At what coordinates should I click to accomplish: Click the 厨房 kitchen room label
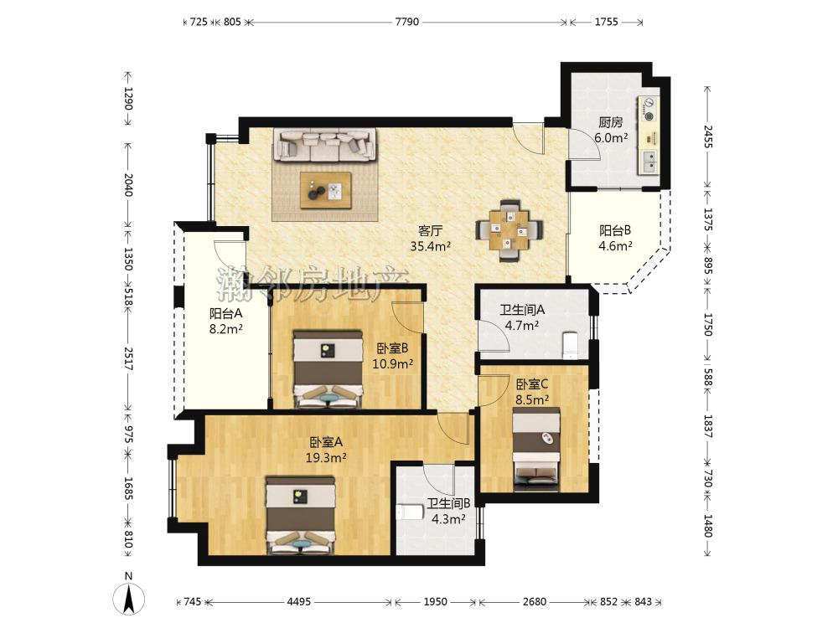click(610, 122)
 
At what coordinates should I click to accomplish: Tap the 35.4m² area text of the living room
click(430, 246)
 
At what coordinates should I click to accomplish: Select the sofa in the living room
click(324, 145)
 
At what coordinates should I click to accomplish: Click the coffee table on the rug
click(325, 190)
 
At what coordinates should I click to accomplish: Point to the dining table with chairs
click(510, 230)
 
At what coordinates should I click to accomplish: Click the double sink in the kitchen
click(649, 162)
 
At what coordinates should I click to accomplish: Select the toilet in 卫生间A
click(571, 345)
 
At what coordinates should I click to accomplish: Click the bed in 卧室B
click(328, 369)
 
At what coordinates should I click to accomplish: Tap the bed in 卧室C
click(536, 449)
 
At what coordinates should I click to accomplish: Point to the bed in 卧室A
click(301, 516)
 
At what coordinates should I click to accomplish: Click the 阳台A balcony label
click(225, 313)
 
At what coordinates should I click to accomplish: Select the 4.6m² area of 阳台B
click(615, 246)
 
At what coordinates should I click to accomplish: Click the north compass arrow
click(128, 599)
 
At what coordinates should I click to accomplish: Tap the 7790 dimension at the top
click(406, 22)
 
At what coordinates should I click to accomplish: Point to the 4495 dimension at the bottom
click(299, 602)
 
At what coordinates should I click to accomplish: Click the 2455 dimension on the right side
click(707, 136)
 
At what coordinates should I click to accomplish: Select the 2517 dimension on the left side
click(129, 359)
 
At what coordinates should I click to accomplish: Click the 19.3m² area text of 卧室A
click(326, 458)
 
